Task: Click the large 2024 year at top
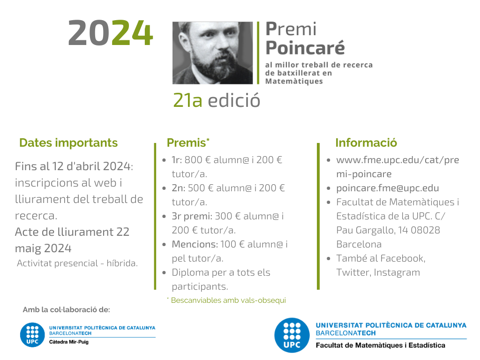click(x=111, y=33)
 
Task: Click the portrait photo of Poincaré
click(x=212, y=53)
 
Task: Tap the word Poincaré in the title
click(x=305, y=48)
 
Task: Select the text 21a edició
click(x=217, y=100)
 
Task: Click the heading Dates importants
click(x=68, y=142)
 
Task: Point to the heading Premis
click(x=188, y=142)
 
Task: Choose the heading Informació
click(x=366, y=142)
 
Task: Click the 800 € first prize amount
click(x=198, y=160)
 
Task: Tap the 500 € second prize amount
click(x=201, y=188)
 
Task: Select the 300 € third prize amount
click(x=228, y=216)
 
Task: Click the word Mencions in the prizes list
click(x=195, y=244)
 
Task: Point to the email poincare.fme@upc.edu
click(x=388, y=188)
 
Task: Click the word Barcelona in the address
click(x=359, y=244)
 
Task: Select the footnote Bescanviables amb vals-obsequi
click(x=228, y=300)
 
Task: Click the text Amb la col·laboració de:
click(x=66, y=310)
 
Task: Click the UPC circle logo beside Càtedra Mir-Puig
click(x=32, y=335)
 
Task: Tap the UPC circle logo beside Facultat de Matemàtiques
click(x=292, y=335)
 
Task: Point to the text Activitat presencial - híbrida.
click(x=77, y=263)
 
